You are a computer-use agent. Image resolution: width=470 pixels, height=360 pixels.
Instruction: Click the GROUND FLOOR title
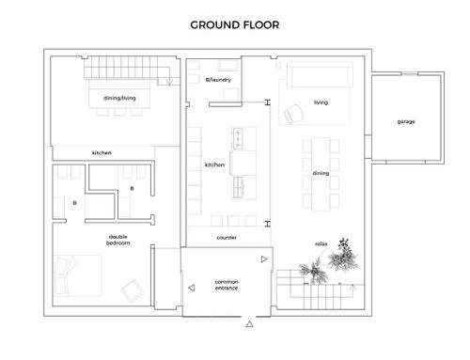pos(235,25)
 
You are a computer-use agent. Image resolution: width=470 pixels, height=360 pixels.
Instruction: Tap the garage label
pos(406,121)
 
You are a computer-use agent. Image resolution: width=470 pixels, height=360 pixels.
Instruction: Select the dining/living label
pos(119,98)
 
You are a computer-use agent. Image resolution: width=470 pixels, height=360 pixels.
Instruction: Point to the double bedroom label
pos(117,240)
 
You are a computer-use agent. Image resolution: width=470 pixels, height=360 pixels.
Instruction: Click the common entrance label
pos(227,285)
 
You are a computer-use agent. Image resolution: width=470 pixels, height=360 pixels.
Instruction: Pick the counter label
pos(227,238)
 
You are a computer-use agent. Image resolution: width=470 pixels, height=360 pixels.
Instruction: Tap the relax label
pos(321,243)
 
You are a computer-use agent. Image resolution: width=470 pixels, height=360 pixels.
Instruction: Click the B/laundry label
pos(218,80)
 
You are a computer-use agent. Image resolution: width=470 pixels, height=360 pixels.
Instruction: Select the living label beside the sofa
pos(321,102)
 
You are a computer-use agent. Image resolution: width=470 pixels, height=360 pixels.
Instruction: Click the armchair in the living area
pos(293,114)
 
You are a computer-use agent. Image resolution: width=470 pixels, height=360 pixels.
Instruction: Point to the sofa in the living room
pos(320,74)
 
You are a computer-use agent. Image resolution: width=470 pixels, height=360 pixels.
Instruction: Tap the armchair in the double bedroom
pos(133,291)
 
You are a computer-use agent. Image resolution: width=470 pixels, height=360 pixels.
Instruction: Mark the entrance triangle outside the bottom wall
pos(249,324)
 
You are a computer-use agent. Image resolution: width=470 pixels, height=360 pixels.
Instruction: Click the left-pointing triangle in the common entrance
pos(192,288)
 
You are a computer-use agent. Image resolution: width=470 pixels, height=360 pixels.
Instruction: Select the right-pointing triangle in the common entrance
pos(264,259)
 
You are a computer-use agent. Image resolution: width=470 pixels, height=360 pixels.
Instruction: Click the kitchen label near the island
pos(214,164)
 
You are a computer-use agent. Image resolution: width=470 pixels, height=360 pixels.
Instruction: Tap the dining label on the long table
pos(321,173)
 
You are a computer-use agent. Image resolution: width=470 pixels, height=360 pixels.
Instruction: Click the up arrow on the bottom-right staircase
pos(352,290)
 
